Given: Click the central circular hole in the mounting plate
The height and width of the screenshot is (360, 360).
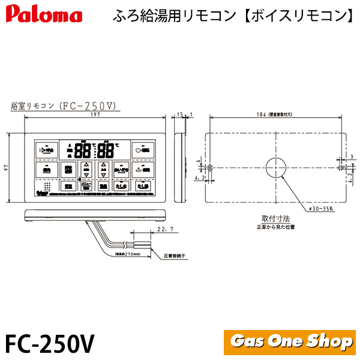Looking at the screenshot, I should [275, 166].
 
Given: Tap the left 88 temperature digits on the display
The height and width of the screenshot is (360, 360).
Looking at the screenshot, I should [85, 150].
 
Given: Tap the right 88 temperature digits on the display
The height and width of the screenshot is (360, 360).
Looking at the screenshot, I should [109, 150].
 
